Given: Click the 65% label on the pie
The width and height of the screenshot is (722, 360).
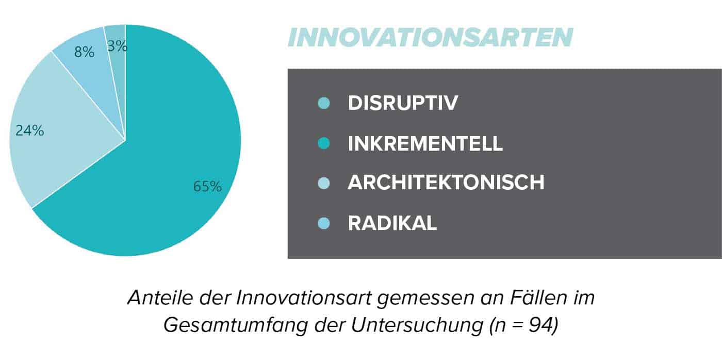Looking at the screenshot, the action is coord(207,186).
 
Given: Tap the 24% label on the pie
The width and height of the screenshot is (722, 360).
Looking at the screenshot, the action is coord(30,130).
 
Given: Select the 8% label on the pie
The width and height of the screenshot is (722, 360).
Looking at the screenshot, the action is coord(84,52).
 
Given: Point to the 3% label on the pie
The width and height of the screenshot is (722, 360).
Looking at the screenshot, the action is coord(118,46).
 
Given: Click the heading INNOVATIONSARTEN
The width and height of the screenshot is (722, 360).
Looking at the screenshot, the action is coord(430,37).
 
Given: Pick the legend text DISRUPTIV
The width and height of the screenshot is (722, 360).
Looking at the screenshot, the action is coord(403,103).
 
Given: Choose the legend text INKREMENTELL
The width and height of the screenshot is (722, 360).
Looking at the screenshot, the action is coord(425,143).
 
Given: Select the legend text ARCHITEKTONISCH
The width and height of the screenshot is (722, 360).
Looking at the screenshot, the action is coord(446,183).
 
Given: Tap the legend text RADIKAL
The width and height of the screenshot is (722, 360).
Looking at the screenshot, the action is coord(392,223).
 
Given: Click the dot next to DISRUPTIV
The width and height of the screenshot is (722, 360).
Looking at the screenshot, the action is coord(324,103).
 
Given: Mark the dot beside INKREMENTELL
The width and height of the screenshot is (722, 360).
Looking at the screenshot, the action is coord(324,143).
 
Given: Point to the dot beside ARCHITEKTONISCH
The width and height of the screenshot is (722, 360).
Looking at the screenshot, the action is coord(324,183).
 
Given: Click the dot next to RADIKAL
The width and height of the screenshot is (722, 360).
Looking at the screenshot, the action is coord(324,223).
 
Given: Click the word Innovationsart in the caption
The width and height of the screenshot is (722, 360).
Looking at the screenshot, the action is coord(304,297).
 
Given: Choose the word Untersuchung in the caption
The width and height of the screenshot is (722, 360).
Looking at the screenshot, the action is coord(417,325).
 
